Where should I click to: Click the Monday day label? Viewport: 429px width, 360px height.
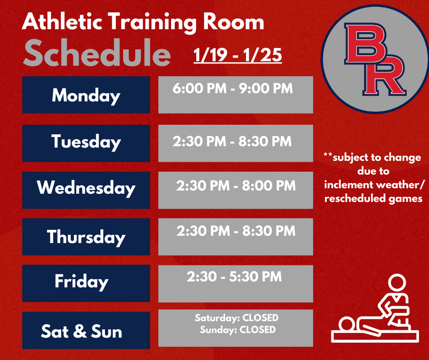86,95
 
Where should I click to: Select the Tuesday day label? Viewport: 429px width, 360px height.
86,142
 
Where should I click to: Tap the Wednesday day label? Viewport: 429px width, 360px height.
86,188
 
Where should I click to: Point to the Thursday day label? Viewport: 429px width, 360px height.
86,237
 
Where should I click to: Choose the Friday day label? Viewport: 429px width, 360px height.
81,281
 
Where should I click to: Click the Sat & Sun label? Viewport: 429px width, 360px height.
81,331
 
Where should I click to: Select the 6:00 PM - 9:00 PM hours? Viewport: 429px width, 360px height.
233,88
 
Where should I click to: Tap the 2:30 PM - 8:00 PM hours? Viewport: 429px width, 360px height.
236,186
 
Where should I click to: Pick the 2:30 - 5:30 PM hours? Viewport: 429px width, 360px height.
234,276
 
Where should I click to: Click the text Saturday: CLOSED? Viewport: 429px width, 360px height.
236,318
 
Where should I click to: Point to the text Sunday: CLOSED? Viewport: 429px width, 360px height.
237,329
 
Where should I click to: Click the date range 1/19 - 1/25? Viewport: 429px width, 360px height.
237,56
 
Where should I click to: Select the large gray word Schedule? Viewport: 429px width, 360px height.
97,55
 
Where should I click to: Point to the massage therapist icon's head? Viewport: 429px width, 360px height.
395,282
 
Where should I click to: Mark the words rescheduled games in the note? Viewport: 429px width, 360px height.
373,199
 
